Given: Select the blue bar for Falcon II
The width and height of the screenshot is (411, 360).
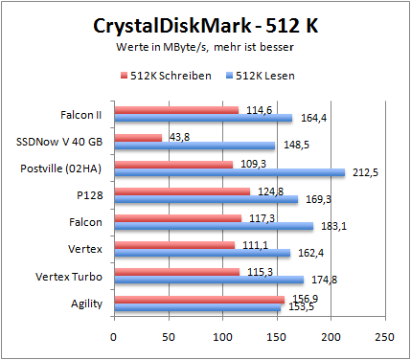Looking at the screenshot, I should [x=202, y=118].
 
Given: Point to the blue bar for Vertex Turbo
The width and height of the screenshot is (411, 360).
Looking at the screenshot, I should [x=208, y=280].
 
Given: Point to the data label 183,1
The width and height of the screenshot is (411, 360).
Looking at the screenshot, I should [x=331, y=227].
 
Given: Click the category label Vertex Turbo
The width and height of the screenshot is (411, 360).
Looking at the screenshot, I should [x=73, y=276].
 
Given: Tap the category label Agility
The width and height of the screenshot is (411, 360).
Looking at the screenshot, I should [x=87, y=303].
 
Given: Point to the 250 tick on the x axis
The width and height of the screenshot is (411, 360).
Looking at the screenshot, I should [x=384, y=336].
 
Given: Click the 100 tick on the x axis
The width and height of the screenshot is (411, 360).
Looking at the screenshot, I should [x=221, y=336].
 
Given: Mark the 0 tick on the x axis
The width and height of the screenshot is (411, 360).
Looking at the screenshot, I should [x=113, y=336].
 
